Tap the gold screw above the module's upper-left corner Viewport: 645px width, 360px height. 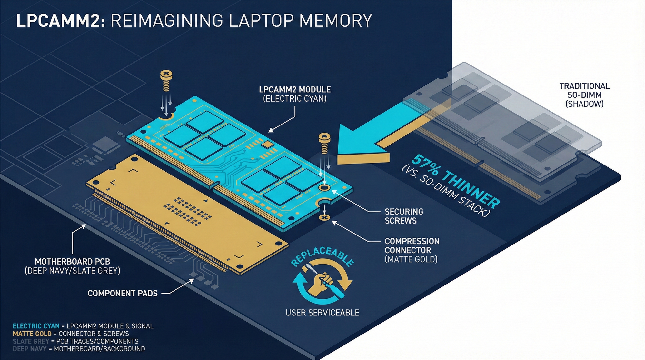click(166, 80)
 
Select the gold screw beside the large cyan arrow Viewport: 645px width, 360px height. click(324, 143)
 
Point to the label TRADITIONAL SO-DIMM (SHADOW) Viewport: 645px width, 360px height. click(584, 95)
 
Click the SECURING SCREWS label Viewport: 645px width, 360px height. click(403, 216)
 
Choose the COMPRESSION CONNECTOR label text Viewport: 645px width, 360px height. click(412, 246)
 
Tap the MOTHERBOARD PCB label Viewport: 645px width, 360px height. click(72, 262)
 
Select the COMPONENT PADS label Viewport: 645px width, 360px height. click(123, 293)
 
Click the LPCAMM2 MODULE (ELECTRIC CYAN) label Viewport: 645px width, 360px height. click(295, 94)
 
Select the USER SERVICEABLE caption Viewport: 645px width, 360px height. click(322, 313)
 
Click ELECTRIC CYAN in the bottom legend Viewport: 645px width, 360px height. click(36, 326)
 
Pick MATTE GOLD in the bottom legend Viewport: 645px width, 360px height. click(32, 334)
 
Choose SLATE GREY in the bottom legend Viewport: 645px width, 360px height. click(31, 341)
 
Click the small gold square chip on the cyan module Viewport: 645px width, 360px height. click(267, 144)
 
